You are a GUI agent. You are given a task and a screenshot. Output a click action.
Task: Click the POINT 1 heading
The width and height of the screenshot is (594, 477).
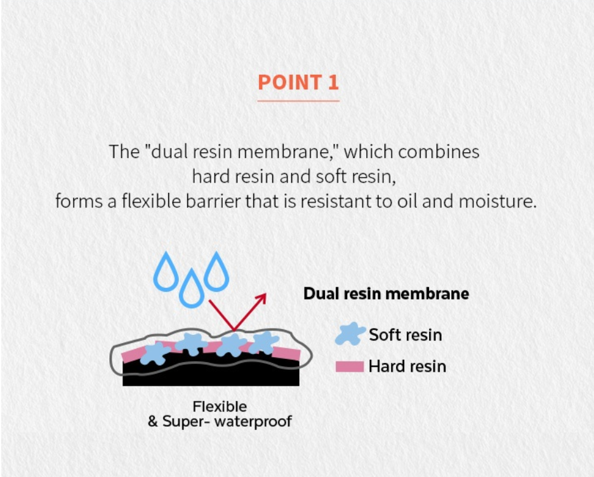tap(298, 82)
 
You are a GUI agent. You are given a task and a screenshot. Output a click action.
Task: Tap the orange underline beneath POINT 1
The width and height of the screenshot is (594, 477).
tap(298, 100)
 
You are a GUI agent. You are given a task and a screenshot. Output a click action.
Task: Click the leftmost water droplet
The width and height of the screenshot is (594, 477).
tap(167, 271)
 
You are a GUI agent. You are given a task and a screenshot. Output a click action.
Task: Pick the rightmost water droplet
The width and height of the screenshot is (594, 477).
tap(216, 271)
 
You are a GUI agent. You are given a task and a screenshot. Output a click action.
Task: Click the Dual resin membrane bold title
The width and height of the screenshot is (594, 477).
tap(386, 294)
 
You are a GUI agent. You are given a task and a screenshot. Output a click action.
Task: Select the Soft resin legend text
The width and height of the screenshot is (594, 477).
tap(405, 334)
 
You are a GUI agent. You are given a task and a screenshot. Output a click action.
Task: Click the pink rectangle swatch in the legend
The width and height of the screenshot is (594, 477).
tap(350, 366)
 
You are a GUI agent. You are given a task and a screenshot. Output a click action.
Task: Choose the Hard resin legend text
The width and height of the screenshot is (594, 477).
tap(407, 366)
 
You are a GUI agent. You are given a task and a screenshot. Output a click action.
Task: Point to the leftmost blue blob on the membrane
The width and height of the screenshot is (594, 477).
tap(155, 353)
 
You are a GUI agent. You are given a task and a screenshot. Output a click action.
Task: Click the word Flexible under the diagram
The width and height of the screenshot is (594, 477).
tap(220, 406)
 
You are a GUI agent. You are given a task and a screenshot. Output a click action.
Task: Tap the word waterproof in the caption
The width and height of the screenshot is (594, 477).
tap(256, 421)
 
